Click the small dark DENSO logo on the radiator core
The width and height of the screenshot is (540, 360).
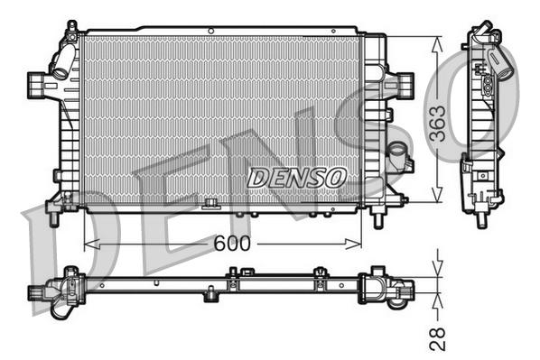click(x=296, y=177)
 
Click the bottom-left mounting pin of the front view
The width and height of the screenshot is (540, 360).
click(x=53, y=217)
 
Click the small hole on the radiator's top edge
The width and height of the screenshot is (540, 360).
click(x=210, y=32)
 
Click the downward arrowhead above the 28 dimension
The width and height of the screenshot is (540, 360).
click(x=437, y=270)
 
